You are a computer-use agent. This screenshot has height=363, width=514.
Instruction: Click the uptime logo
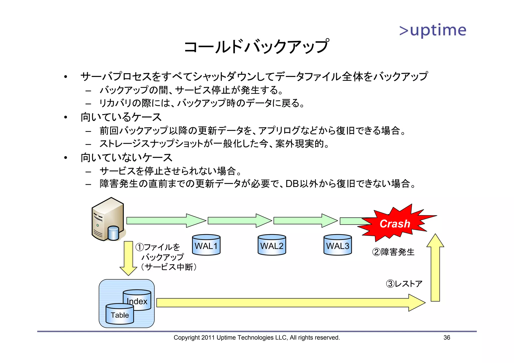coord(433,31)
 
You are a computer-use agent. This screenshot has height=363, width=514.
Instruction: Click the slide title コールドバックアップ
coord(256,47)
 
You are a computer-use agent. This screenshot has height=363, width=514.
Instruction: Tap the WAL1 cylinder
coord(206,245)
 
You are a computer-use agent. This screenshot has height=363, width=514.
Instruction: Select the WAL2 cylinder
coord(272,245)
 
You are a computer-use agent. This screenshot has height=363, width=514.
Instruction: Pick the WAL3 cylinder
coord(338,245)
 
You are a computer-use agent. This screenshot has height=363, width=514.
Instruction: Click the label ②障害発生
coord(393,252)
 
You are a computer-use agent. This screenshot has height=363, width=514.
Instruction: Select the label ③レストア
coord(404,284)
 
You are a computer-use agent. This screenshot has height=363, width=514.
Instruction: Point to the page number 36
coord(447,338)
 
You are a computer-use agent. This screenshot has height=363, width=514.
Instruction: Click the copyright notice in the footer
coord(256,338)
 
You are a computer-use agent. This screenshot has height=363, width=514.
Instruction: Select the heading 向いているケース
coord(121,117)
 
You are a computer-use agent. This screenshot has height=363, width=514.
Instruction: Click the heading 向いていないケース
coord(126,158)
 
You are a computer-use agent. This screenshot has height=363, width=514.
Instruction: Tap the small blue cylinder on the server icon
coord(113,233)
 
